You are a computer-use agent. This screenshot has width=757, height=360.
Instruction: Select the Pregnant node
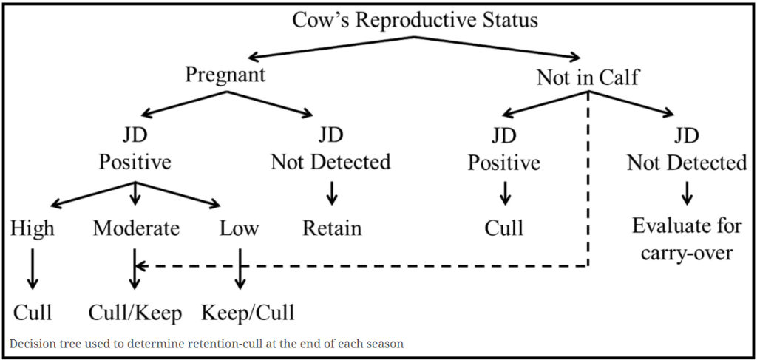[225, 75]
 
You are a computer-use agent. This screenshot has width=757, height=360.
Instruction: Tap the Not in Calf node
[588, 78]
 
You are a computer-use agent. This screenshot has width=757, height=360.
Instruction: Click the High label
[33, 228]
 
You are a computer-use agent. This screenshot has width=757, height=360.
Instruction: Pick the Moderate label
[136, 228]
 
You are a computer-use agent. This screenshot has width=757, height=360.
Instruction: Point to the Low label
[239, 228]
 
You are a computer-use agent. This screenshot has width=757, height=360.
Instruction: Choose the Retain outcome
[332, 228]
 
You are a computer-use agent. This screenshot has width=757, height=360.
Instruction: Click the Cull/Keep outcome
[135, 313]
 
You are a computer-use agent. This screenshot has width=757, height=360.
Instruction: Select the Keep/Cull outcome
[247, 313]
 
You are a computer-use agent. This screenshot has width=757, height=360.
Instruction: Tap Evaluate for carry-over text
[687, 239]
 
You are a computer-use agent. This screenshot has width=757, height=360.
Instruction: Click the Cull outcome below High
[33, 313]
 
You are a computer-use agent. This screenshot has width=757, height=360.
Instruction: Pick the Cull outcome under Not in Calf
[504, 228]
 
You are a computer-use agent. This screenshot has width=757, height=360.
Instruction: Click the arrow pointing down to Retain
[332, 193]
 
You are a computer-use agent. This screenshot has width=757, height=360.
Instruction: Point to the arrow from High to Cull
[33, 269]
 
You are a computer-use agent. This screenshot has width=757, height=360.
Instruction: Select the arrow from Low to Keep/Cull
[240, 269]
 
